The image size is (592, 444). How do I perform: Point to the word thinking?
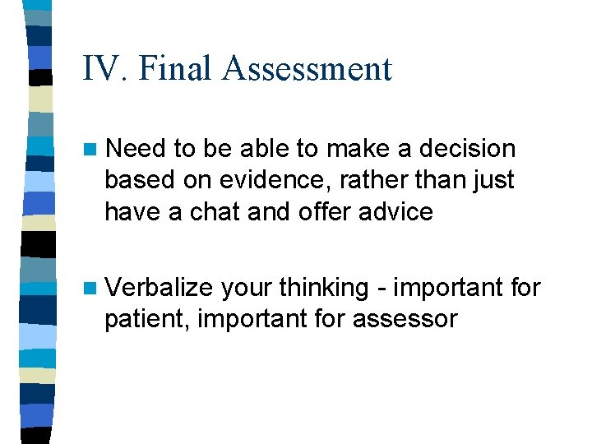tap(324, 288)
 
